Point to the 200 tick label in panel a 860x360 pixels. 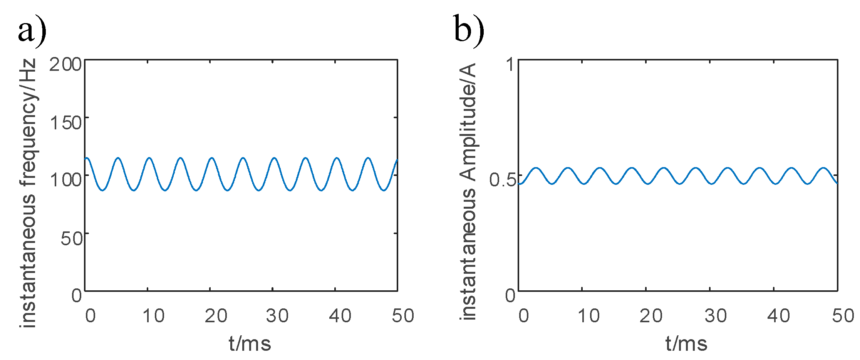pos(65,64)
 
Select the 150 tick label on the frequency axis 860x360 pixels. pos(66,122)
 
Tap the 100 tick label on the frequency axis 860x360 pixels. pos(66,180)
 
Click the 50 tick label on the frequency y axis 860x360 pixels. pos(72,238)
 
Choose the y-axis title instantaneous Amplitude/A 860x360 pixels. pos(468,191)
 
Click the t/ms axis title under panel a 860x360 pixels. pos(250,343)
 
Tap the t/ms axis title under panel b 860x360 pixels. pos(686,343)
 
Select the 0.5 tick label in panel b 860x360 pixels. pos(502,180)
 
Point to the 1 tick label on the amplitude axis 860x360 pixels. pos(511,64)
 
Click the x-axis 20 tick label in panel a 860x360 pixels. pos(216,316)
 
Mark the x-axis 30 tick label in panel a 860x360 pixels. pos(277,316)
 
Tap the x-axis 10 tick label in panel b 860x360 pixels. pos(588,316)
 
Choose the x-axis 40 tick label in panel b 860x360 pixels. pos(778,316)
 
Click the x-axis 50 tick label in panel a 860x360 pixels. pos(403,316)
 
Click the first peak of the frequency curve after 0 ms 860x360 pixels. pos(118,158)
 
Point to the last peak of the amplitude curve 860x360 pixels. pos(823,168)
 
